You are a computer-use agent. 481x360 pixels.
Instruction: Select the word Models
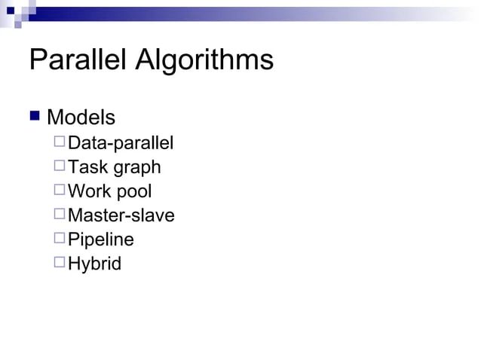(81, 117)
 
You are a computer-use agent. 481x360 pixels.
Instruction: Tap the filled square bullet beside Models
(34, 116)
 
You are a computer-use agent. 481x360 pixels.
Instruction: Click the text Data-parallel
(121, 143)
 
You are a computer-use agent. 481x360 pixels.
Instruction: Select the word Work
(89, 191)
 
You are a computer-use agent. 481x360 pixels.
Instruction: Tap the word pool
(133, 193)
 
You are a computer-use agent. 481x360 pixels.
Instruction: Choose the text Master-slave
(121, 215)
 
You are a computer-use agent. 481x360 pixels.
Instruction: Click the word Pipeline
(101, 240)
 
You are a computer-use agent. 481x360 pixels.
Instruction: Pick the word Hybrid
(94, 264)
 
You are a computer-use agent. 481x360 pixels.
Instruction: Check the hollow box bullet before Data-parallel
(60, 141)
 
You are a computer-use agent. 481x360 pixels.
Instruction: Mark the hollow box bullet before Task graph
(60, 165)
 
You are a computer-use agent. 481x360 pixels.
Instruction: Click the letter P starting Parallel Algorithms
(38, 60)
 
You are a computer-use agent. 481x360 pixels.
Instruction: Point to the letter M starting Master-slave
(75, 215)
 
